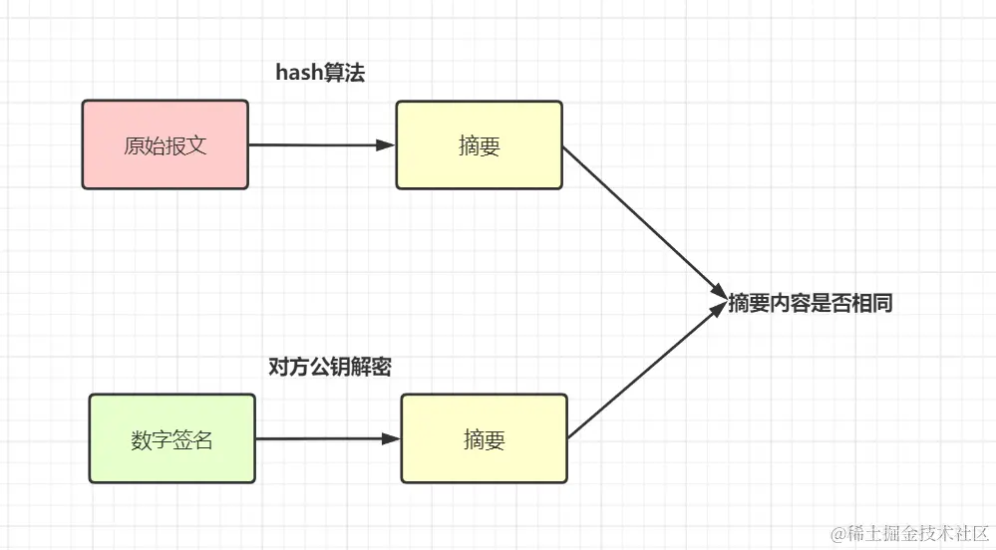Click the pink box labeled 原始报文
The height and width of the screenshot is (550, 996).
(165, 144)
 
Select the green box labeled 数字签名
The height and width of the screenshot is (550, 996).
(171, 438)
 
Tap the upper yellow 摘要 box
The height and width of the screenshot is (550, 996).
(479, 145)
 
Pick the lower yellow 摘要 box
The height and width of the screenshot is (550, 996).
(484, 438)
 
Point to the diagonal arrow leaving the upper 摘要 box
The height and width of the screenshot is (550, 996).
(643, 219)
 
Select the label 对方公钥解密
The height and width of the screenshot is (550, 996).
(329, 367)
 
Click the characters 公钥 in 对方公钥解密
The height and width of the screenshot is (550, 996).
(329, 367)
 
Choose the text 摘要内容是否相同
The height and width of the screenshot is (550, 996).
(810, 303)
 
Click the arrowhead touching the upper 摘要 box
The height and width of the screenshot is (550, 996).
(386, 145)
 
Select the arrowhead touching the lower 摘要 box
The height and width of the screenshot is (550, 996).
(391, 438)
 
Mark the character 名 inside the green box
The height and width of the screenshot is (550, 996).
(203, 438)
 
